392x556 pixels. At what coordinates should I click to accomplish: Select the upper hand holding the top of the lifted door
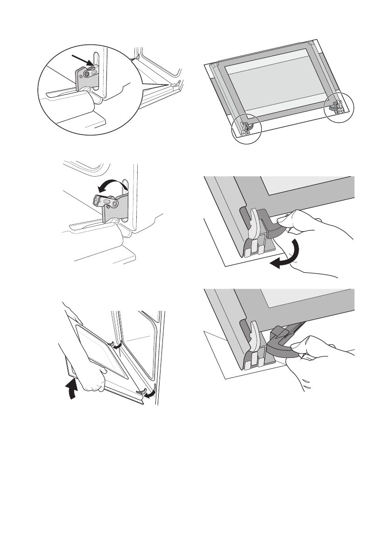[72, 314]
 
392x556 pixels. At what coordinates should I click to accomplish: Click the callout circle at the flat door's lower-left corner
[247, 129]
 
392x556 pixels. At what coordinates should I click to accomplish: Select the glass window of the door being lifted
[100, 353]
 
